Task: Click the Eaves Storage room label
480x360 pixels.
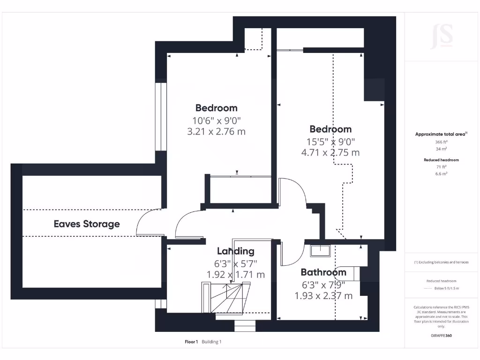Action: point(87,224)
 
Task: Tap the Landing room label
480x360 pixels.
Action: point(235,251)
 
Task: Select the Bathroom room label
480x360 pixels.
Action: point(323,272)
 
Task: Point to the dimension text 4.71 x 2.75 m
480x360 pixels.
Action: point(330,152)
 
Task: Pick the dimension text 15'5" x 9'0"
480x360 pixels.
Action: point(330,141)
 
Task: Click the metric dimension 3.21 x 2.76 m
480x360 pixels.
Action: point(216,132)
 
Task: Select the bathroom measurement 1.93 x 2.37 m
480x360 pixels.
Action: point(323,296)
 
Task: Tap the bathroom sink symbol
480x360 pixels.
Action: point(320,251)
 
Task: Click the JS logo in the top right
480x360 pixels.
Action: point(442,36)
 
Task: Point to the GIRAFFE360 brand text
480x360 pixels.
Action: point(442,336)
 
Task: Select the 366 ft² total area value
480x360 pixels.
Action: point(441,142)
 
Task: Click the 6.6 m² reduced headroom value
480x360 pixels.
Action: point(441,173)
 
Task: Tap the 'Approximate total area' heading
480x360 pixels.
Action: point(441,135)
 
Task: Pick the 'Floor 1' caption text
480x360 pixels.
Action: point(191,342)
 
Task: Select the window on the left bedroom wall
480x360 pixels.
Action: point(161,117)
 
